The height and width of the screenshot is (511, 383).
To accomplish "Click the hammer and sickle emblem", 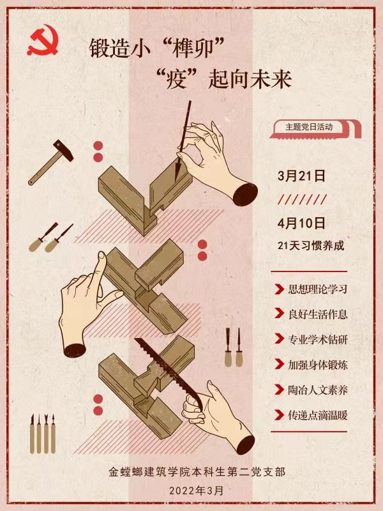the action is (x=42, y=41).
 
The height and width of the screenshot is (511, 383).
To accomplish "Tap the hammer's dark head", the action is (x=63, y=151).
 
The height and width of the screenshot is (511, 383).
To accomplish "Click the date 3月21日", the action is (x=301, y=176).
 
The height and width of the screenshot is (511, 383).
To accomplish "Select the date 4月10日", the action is (x=301, y=223).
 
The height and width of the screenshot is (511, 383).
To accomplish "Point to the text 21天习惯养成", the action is (x=311, y=245).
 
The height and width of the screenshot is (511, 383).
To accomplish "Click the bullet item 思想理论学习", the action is (x=317, y=289).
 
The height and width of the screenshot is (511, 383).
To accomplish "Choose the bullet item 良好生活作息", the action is (x=317, y=314).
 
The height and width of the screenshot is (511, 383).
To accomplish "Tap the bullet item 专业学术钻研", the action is (x=317, y=340).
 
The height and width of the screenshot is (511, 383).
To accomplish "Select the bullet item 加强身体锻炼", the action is (x=317, y=365).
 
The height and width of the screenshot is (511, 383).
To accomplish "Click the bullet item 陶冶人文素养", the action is (x=317, y=390).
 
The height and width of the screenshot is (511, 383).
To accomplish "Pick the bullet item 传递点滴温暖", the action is (x=317, y=415).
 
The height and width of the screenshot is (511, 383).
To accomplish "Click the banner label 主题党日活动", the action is (x=309, y=126).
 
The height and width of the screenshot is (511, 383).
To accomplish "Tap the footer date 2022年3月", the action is (x=197, y=491).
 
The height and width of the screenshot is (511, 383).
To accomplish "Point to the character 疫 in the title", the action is (x=176, y=79).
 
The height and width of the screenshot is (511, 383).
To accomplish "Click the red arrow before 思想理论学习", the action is (x=279, y=289).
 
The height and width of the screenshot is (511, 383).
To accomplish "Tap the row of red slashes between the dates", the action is (x=302, y=199).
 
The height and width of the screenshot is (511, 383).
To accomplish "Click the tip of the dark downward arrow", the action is (x=177, y=181).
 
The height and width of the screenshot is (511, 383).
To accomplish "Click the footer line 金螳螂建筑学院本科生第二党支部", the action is (x=197, y=472).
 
